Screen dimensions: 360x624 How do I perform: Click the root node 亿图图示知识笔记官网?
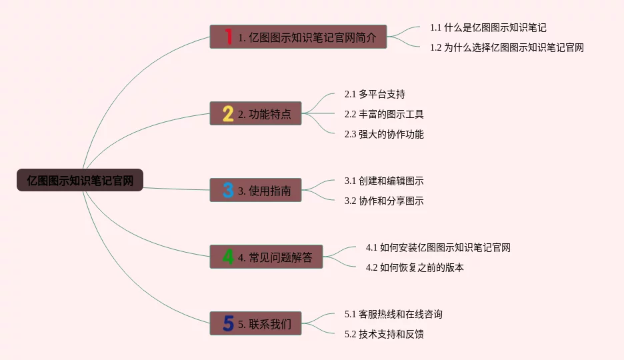click(x=80, y=180)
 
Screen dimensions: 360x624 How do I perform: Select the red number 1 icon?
click(x=228, y=37)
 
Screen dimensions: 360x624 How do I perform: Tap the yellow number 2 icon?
click(x=228, y=114)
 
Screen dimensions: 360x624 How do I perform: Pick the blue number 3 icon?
click(x=228, y=191)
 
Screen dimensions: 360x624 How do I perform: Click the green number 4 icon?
click(x=228, y=257)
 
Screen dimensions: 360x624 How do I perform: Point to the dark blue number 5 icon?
click(x=228, y=324)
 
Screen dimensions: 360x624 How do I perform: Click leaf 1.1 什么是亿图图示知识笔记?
click(x=488, y=28)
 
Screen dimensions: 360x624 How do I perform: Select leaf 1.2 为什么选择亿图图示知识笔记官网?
click(x=507, y=48)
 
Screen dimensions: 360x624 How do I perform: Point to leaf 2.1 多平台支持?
click(x=375, y=94)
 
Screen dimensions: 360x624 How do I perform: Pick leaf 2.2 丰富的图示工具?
click(x=384, y=114)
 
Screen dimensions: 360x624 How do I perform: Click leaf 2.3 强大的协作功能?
click(x=384, y=134)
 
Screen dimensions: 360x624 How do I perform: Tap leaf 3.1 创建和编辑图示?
click(x=384, y=181)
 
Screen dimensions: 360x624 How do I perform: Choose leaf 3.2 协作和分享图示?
click(x=384, y=201)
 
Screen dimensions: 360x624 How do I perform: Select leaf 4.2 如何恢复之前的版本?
click(x=415, y=267)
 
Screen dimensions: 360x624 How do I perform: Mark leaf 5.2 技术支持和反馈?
click(x=384, y=334)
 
